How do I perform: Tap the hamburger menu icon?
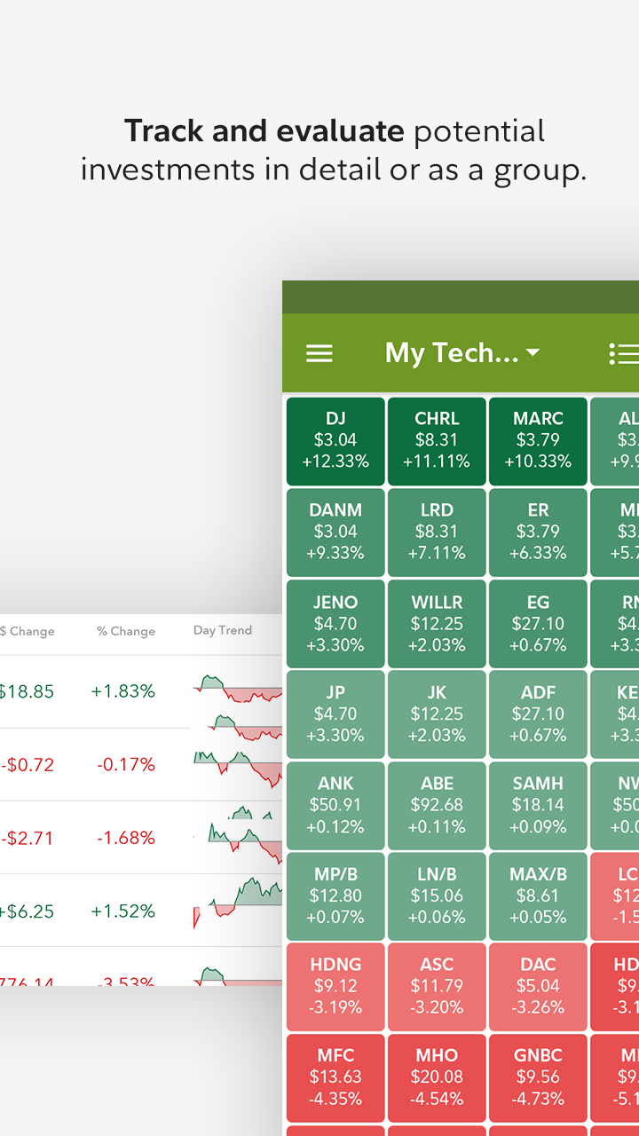[319, 353]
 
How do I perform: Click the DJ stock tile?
[335, 441]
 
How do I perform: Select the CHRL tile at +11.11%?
[437, 441]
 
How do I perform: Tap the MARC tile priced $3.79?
[538, 441]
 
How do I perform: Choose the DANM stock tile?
[335, 532]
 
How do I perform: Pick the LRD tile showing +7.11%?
[437, 532]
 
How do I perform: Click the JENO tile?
[335, 624]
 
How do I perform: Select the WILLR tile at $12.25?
[437, 624]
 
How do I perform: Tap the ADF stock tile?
[538, 714]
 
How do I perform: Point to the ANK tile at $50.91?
[335, 806]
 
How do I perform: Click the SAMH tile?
[538, 806]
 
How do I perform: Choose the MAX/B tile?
[538, 896]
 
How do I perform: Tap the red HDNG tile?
[335, 987]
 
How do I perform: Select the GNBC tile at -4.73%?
[538, 1077]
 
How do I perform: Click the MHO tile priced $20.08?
[437, 1077]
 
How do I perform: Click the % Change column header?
[126, 631]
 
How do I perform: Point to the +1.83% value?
[123, 691]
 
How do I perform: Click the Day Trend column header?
[223, 630]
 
